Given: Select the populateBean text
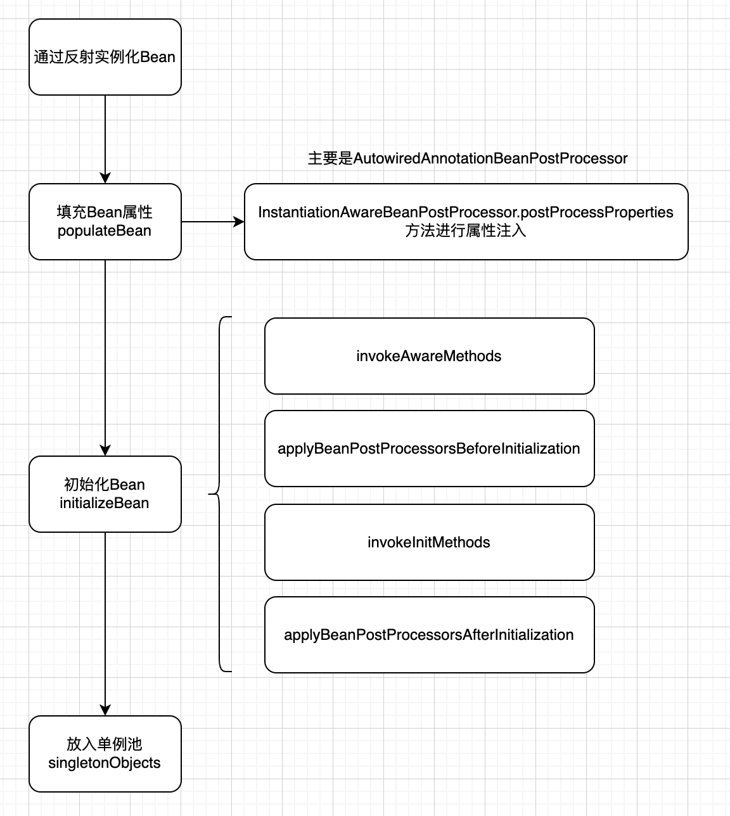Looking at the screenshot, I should coord(105,231).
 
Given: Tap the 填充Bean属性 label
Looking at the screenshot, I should coord(105,212).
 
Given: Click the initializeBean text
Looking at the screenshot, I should coord(105,503).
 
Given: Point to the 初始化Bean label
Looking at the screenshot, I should coord(105,485).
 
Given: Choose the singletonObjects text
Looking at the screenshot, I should coord(105,763).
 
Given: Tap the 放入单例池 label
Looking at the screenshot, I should coord(105,744).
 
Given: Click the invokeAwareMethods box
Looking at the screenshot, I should coord(429,356).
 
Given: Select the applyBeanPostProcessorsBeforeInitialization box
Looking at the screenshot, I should coord(429,449).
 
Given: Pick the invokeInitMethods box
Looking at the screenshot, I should coord(429,542).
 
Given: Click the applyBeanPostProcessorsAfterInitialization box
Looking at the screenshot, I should coord(429,635).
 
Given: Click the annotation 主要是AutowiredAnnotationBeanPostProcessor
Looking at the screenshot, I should coord(468,158).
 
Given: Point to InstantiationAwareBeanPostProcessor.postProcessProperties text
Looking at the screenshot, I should coord(466,212).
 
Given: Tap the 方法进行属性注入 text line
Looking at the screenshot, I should coord(466,231).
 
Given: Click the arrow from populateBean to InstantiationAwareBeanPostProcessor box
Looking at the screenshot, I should coord(212,222).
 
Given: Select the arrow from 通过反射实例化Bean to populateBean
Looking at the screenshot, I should coord(105,139).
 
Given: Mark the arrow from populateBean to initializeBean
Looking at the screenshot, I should coord(105,358).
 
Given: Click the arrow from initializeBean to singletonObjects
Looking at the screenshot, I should coord(105,624).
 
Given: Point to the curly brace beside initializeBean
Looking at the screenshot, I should coord(219,494).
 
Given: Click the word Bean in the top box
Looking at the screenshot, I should coord(158,57).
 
